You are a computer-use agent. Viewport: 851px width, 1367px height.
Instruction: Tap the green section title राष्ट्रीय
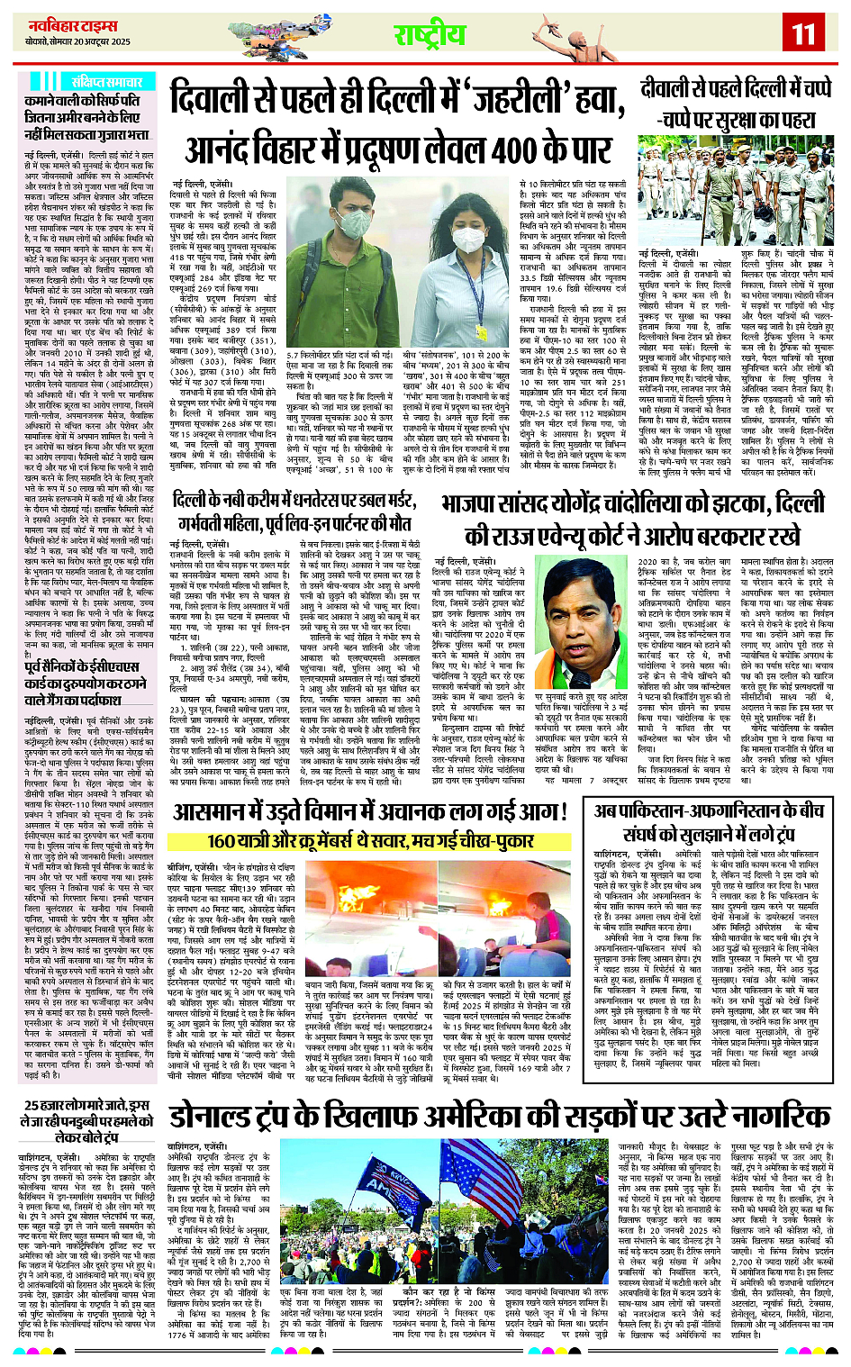click(430, 33)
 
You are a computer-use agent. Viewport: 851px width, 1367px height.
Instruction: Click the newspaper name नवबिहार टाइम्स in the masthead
click(62, 23)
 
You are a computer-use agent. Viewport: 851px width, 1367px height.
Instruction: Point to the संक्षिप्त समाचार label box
click(100, 81)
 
